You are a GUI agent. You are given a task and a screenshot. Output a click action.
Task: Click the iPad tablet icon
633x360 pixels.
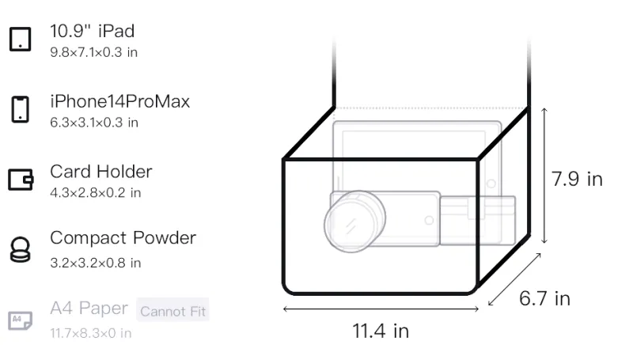pyautogui.click(x=21, y=39)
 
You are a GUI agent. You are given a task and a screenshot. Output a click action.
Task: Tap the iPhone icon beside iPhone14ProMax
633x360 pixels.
pyautogui.click(x=21, y=109)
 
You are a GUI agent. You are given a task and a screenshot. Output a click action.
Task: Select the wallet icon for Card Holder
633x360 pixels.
pyautogui.click(x=21, y=179)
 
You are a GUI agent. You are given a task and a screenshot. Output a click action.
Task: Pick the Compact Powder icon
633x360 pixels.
pyautogui.click(x=21, y=250)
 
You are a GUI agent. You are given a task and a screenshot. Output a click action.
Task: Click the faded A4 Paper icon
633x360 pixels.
pyautogui.click(x=21, y=320)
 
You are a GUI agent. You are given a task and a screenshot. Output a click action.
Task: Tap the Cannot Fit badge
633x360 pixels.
pyautogui.click(x=172, y=311)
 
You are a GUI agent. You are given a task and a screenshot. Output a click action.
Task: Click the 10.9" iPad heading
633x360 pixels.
pyautogui.click(x=92, y=31)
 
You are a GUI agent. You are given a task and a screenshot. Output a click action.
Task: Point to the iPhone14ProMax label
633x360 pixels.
pyautogui.click(x=120, y=101)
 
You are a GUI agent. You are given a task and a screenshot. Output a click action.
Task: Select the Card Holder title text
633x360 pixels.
pyautogui.click(x=101, y=172)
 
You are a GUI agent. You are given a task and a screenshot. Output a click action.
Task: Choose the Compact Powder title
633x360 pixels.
pyautogui.click(x=123, y=238)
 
